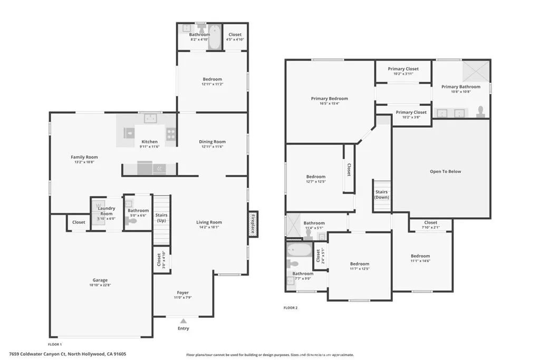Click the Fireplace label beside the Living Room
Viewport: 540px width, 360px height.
point(253,224)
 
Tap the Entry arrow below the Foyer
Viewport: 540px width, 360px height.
point(183,320)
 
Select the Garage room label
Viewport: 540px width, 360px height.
point(100,280)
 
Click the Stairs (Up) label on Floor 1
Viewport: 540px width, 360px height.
point(161,217)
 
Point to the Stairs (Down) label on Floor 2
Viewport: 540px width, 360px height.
point(381,194)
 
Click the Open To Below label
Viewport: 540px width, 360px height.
point(445,171)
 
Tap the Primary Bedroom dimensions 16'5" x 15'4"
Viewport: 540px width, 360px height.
point(329,103)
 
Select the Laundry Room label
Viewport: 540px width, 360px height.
point(107,211)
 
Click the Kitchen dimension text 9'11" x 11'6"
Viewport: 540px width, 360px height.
point(149,147)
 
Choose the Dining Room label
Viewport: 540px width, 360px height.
point(212,141)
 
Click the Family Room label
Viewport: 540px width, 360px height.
point(84,157)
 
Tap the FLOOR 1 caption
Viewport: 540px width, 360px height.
point(55,344)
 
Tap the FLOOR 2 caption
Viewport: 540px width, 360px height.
point(291,307)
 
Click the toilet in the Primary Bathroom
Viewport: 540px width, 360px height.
point(480,111)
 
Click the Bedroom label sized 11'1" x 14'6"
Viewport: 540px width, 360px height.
point(420,256)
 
